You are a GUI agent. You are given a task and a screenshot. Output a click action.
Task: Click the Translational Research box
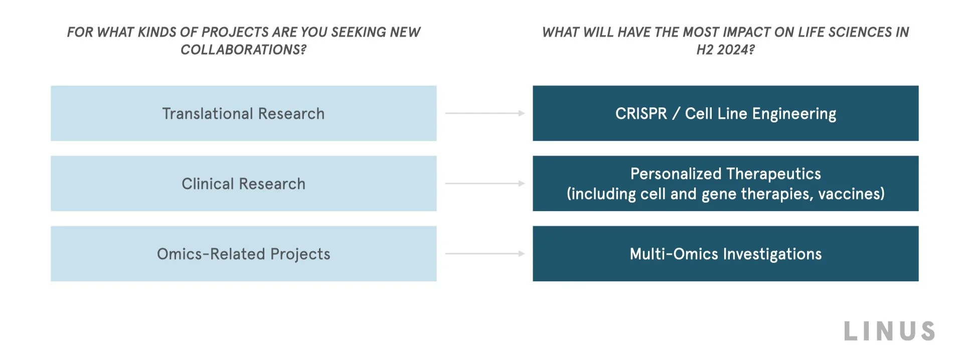click(243, 113)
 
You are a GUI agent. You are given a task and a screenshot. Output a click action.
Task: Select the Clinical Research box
click(243, 184)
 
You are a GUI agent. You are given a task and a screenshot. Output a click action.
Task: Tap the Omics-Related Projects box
click(243, 254)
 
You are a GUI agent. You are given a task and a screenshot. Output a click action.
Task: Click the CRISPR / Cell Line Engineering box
click(725, 113)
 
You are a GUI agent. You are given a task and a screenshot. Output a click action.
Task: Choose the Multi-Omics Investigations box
click(725, 254)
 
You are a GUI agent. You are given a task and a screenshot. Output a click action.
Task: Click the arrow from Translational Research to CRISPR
click(485, 113)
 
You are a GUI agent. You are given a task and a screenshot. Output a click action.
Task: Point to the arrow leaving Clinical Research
click(485, 184)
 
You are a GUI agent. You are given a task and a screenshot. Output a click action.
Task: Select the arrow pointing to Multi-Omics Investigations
click(485, 254)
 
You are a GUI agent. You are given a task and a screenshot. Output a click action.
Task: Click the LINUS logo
click(889, 331)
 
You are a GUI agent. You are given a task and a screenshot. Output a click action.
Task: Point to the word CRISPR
click(641, 114)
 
